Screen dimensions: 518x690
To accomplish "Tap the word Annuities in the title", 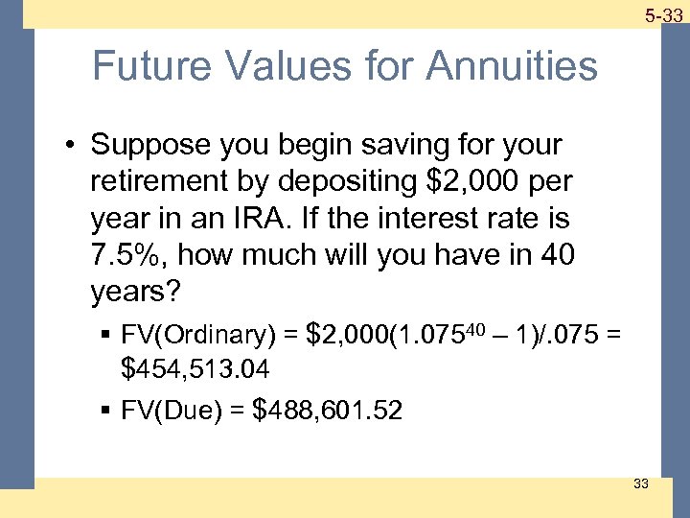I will (x=513, y=66).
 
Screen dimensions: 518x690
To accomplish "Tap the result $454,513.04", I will (x=196, y=369).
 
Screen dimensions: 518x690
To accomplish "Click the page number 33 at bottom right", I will (x=641, y=483).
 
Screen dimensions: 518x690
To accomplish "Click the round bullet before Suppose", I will (x=72, y=146).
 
